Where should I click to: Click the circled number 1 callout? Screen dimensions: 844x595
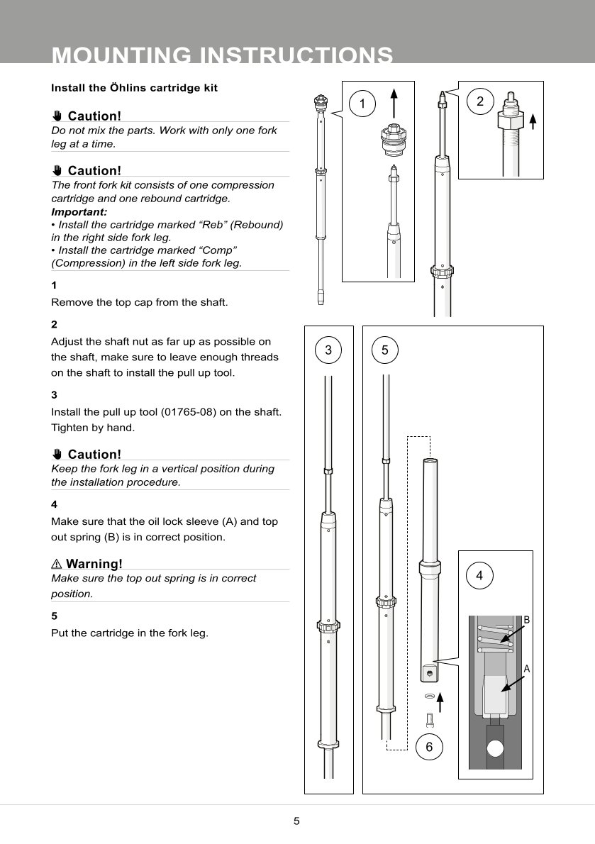(362, 104)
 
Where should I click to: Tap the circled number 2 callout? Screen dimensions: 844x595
(480, 101)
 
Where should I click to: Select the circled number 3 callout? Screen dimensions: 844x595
(328, 350)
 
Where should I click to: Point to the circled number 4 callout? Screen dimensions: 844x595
(480, 576)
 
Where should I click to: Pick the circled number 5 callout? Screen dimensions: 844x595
(385, 350)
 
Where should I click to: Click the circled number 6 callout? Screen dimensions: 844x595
(429, 747)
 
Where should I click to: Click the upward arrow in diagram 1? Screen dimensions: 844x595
(394, 101)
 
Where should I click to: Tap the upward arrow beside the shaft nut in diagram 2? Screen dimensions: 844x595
(533, 121)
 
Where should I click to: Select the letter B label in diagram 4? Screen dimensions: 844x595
(526, 620)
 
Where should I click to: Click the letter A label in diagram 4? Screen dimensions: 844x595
(526, 668)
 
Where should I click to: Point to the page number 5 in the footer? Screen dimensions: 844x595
(297, 821)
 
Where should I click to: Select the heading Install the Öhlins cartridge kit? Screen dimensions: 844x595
(134, 88)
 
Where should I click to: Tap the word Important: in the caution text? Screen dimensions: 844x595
(79, 211)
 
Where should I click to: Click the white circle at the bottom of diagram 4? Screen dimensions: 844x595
(496, 748)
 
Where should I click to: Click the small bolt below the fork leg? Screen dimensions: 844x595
(430, 719)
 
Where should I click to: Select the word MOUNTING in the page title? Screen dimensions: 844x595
(122, 55)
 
